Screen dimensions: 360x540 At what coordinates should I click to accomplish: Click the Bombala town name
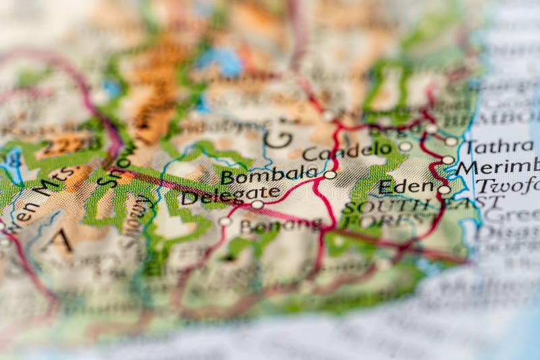point(269,176)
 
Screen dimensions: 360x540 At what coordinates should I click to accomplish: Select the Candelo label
point(347,151)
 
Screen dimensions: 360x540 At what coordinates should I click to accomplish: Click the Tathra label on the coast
point(500,147)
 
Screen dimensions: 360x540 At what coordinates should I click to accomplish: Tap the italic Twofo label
point(506,184)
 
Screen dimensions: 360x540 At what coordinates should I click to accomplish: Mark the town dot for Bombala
point(329,174)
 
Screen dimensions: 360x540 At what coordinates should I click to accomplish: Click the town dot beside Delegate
point(257,204)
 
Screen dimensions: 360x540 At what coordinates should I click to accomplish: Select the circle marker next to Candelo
point(405,146)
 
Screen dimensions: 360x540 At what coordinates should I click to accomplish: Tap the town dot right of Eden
point(443,190)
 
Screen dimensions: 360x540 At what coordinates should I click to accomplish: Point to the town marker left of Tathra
point(451,141)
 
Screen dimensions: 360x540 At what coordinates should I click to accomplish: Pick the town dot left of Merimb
point(448,160)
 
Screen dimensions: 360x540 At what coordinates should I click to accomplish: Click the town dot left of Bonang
point(225,221)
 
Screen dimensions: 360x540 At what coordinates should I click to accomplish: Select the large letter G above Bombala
point(277,138)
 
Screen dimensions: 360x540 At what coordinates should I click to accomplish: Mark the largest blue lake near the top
point(219,61)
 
